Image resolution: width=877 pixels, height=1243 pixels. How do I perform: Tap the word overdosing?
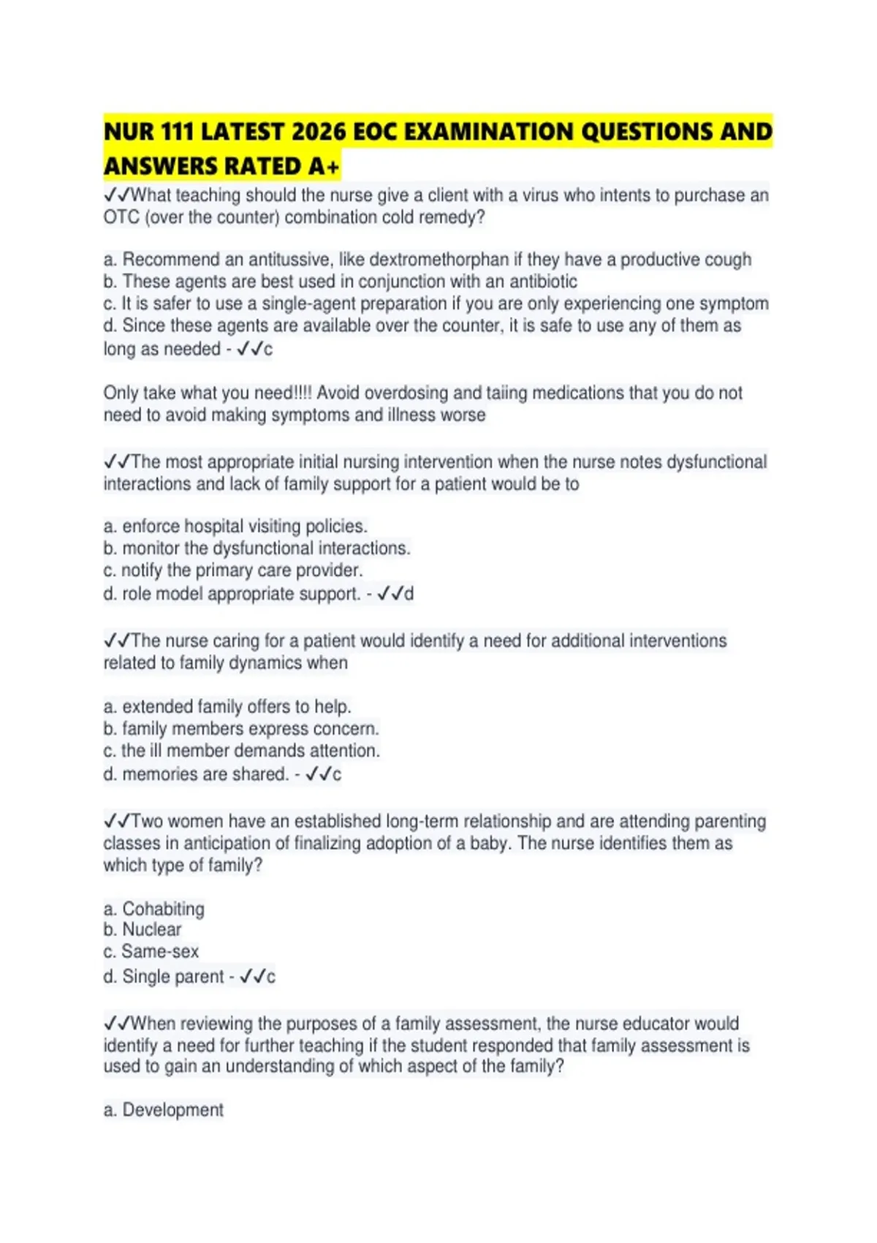(406, 393)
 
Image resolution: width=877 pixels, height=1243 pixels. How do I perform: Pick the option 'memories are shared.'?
(205, 774)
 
